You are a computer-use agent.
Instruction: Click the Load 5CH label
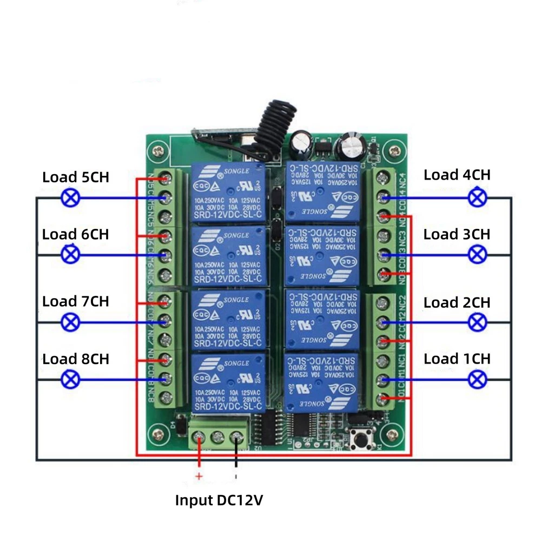click(76, 177)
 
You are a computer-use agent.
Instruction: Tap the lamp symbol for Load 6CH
click(70, 254)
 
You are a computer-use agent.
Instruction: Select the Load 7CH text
click(76, 301)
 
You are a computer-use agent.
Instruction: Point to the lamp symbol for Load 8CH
click(70, 379)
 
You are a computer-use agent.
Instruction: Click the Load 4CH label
click(457, 175)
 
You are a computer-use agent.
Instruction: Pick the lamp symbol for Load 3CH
click(477, 253)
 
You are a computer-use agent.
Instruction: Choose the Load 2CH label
click(457, 302)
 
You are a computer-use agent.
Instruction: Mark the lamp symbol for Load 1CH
click(477, 379)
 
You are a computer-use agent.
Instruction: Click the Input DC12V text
click(219, 500)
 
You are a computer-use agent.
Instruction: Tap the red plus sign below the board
click(199, 477)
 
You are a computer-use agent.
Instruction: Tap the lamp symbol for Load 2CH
click(477, 322)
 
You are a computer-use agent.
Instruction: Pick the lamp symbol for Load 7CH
click(70, 322)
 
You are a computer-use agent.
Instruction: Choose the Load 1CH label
click(457, 359)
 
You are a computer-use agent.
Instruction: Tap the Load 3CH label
click(457, 234)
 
